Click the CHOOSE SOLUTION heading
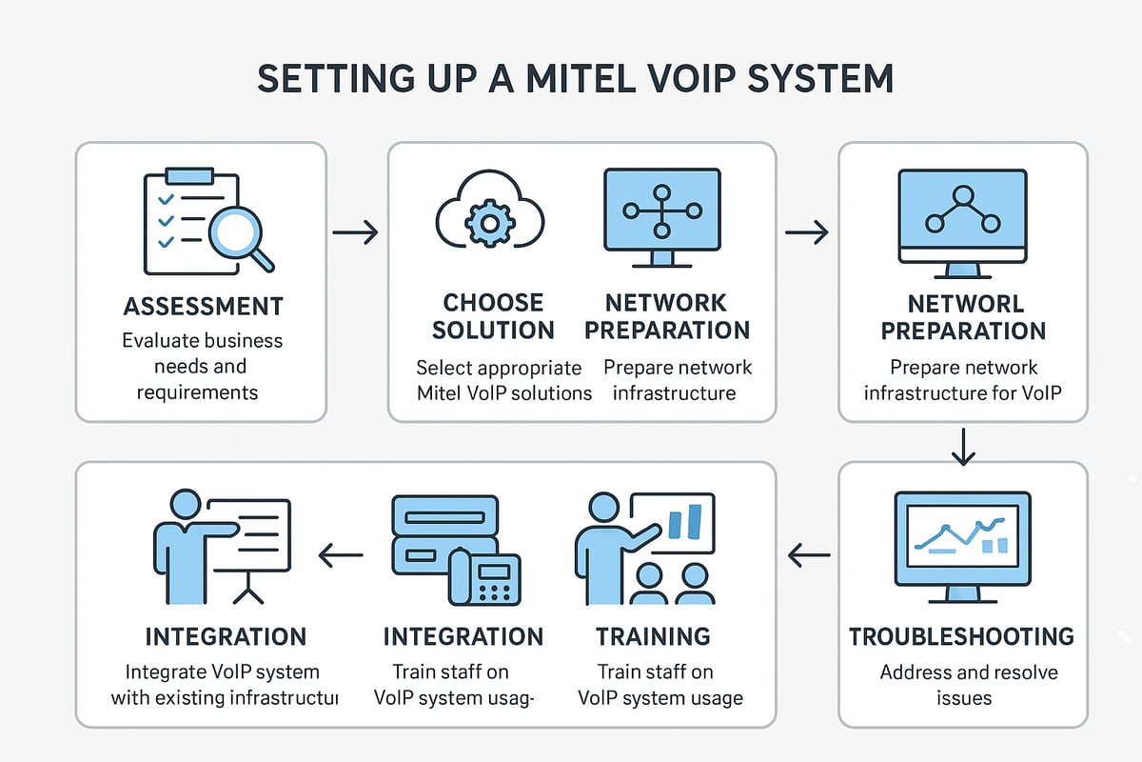pyautogui.click(x=494, y=317)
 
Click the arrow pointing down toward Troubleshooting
pyautogui.click(x=963, y=446)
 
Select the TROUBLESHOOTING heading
pyautogui.click(x=962, y=636)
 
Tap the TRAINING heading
pyautogui.click(x=653, y=636)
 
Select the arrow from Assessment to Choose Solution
pyautogui.click(x=355, y=231)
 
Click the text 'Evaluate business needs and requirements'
pyautogui.click(x=202, y=366)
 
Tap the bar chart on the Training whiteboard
pyautogui.click(x=686, y=522)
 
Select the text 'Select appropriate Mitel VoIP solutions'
pyautogui.click(x=503, y=380)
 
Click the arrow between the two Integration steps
pyautogui.click(x=341, y=554)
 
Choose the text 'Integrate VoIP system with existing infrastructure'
pyautogui.click(x=225, y=685)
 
